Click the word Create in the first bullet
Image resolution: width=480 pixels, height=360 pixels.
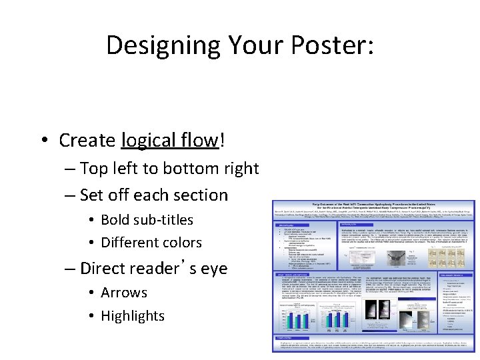click(87, 141)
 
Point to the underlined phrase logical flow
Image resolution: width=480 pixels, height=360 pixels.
click(169, 141)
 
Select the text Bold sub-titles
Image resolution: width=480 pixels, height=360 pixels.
click(147, 220)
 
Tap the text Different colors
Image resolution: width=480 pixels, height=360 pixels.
click(151, 243)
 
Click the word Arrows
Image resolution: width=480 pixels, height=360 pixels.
click(124, 293)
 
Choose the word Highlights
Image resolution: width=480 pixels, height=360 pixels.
click(132, 316)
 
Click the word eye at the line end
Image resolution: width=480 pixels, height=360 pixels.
click(213, 268)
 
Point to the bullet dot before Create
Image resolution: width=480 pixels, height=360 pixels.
click(44, 141)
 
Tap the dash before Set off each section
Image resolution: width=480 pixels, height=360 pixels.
click(70, 196)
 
